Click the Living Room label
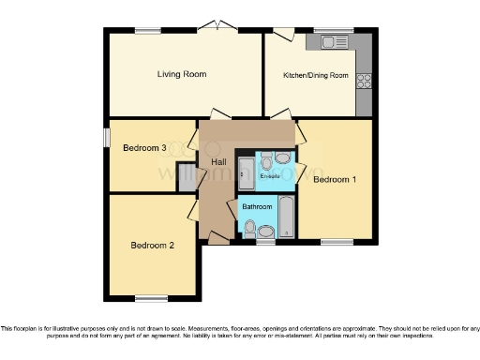(x=181, y=74)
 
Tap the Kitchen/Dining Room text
(x=316, y=75)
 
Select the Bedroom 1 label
(x=335, y=179)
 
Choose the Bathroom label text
(x=257, y=206)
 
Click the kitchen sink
(x=335, y=42)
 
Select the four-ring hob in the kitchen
(x=364, y=81)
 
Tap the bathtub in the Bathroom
(x=286, y=217)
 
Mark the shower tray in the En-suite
(x=245, y=170)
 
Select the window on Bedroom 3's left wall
(x=106, y=137)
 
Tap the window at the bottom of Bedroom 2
(x=149, y=298)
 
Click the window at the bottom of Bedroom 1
(x=335, y=242)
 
